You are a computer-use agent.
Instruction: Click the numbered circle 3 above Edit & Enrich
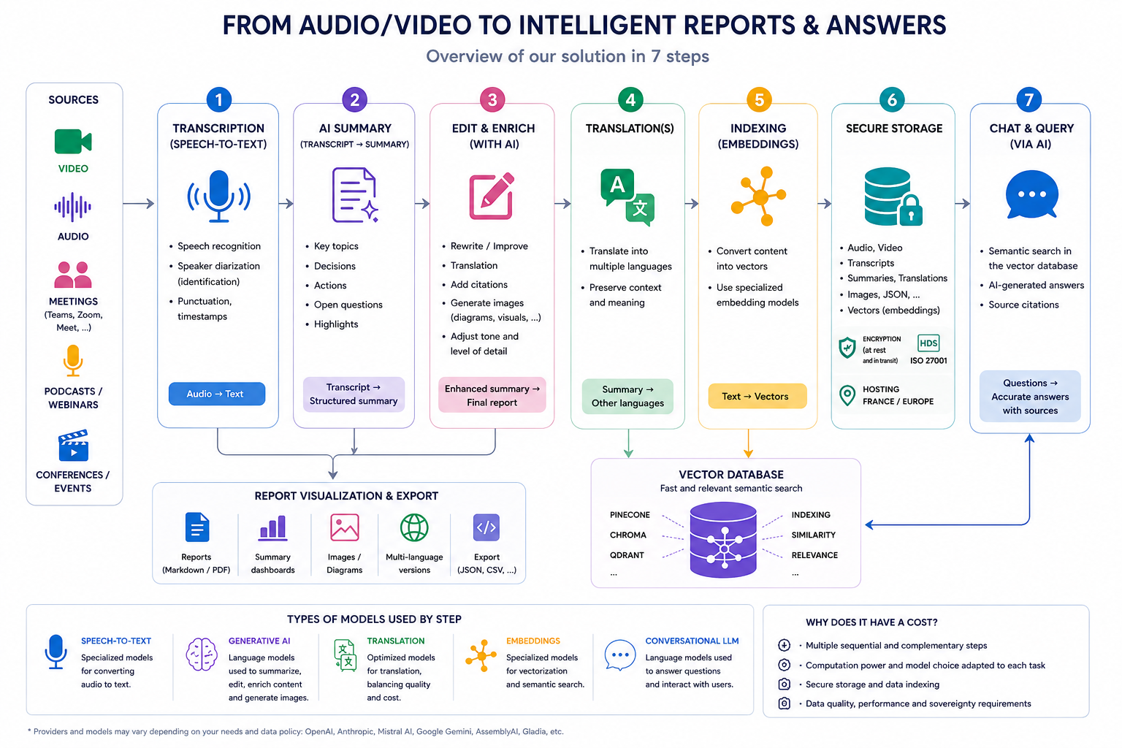click(492, 99)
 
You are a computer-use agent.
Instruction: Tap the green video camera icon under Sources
click(72, 141)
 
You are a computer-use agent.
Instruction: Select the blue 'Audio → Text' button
click(216, 394)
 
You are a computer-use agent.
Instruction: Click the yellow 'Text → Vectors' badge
click(757, 397)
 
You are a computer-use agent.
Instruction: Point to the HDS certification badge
click(928, 343)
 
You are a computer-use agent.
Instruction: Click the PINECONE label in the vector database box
click(630, 514)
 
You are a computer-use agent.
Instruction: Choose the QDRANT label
click(627, 555)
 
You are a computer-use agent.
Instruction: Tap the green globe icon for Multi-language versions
click(414, 527)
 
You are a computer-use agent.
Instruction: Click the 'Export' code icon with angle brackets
click(486, 527)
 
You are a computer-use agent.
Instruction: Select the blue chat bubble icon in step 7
click(1031, 194)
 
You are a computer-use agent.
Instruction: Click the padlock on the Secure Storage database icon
click(911, 210)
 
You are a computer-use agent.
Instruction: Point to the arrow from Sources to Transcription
click(138, 203)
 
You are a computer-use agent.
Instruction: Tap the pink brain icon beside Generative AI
click(202, 654)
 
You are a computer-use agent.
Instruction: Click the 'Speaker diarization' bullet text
click(218, 266)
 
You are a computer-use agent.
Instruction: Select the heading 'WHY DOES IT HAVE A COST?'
click(871, 622)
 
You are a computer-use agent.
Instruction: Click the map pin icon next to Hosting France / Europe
click(847, 395)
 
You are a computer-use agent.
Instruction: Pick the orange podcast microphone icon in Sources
click(73, 360)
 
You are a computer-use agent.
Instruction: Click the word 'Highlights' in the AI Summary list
click(335, 324)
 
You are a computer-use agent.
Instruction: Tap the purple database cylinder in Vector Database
click(722, 540)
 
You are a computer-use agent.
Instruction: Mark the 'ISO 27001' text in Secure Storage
click(928, 361)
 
